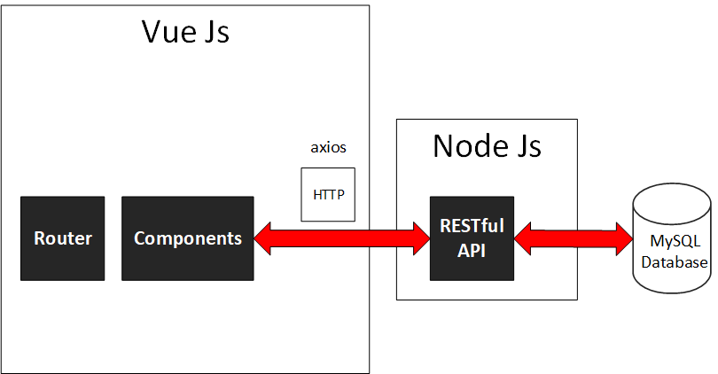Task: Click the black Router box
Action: tap(63, 238)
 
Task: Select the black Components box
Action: tap(187, 238)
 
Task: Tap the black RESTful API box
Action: tap(472, 238)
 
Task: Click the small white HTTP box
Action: tap(328, 194)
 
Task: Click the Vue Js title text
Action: tap(185, 32)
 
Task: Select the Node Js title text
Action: tap(487, 145)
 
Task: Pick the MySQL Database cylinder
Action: tap(672, 241)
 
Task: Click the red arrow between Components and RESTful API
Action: tap(342, 238)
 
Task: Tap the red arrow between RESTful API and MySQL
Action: tap(573, 238)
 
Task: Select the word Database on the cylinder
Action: tap(675, 262)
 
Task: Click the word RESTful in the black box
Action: tap(472, 226)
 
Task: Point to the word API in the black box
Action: tap(472, 250)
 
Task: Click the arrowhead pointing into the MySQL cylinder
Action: tap(622, 238)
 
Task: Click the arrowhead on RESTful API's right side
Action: tap(525, 238)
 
